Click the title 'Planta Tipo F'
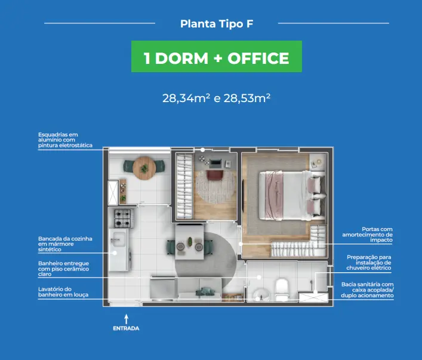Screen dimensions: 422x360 coord(217,24)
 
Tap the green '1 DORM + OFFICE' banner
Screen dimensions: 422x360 coord(217,56)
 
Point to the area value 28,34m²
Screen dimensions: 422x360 coord(186,99)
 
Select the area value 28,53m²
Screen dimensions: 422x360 coord(247,99)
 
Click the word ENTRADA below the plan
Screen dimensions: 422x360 coord(126,328)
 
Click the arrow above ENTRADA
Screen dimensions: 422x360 coord(126,319)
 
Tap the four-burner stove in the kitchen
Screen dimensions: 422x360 coord(123,219)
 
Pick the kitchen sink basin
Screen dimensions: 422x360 coord(119,239)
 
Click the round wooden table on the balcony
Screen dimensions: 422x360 coord(144,168)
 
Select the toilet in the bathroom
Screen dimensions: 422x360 coord(282,290)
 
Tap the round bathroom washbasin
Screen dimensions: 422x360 coord(260,295)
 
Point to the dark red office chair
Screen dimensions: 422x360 coord(215,174)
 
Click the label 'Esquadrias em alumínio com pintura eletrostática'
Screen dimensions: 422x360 coord(65,140)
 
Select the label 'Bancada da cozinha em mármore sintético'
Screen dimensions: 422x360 coord(65,244)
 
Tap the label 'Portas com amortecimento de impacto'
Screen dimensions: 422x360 coord(367,235)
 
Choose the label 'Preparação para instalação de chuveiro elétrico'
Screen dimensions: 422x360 coord(369,263)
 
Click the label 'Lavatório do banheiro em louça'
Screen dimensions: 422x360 coord(63,292)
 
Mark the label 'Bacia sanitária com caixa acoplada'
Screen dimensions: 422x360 coord(367,287)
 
